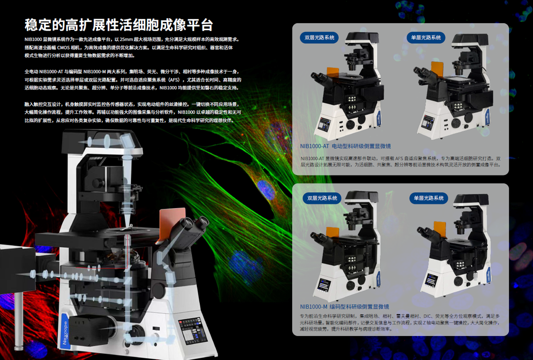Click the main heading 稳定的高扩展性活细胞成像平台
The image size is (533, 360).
pyautogui.click(x=118, y=25)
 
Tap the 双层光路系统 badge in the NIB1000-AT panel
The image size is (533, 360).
pyautogui.click(x=319, y=38)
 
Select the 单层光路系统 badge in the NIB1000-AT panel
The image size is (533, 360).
pyautogui.click(x=426, y=38)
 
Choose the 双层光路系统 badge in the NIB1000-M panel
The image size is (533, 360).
pyautogui.click(x=322, y=198)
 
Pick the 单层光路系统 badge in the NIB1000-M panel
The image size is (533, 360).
pyautogui.click(x=428, y=198)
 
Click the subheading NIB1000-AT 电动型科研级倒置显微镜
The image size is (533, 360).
pyautogui.click(x=345, y=146)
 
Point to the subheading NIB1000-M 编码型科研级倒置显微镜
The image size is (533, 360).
pyautogui.click(x=345, y=307)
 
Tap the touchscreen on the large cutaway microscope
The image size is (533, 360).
pyautogui.click(x=193, y=331)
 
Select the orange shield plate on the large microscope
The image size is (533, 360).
pyautogui.click(x=172, y=222)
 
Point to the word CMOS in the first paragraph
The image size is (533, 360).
pyautogui.click(x=63, y=47)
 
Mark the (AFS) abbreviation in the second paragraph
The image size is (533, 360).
pyautogui.click(x=173, y=80)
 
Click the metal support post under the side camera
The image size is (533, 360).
pyautogui.click(x=19, y=321)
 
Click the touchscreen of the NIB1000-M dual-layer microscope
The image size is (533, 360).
pyautogui.click(x=324, y=284)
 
